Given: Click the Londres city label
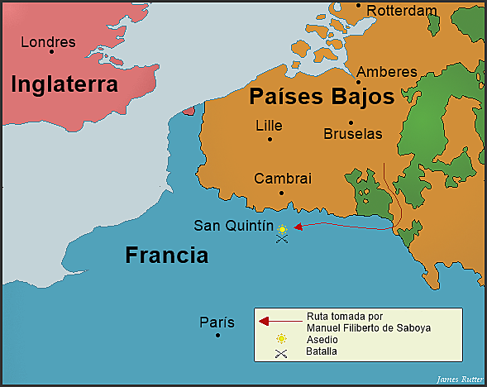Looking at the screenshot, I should click(47, 42).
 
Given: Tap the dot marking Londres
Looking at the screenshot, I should click(51, 52).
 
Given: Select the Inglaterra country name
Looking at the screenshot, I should click(64, 84).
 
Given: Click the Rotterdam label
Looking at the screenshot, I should click(401, 11).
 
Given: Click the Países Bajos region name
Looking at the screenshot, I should click(322, 98).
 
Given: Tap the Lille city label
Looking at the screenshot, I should click(269, 126).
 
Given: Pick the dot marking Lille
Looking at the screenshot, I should click(270, 138).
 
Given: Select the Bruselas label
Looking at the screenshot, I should click(353, 133).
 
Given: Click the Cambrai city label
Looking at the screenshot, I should click(283, 179).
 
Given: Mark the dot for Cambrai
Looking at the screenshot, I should click(282, 193).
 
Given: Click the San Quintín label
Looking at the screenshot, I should click(233, 225).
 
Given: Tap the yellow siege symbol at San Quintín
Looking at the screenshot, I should click(282, 229).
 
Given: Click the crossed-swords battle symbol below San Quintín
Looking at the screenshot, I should click(282, 240).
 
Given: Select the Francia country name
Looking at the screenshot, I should click(166, 255).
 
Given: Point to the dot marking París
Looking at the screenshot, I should click(217, 335).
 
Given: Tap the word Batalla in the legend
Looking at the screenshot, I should click(322, 351).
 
